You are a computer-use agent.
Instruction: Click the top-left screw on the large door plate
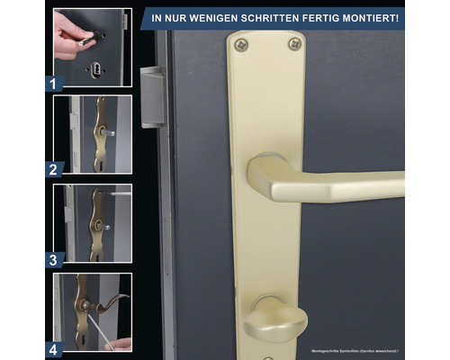239,43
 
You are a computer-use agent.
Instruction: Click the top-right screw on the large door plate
294,43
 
